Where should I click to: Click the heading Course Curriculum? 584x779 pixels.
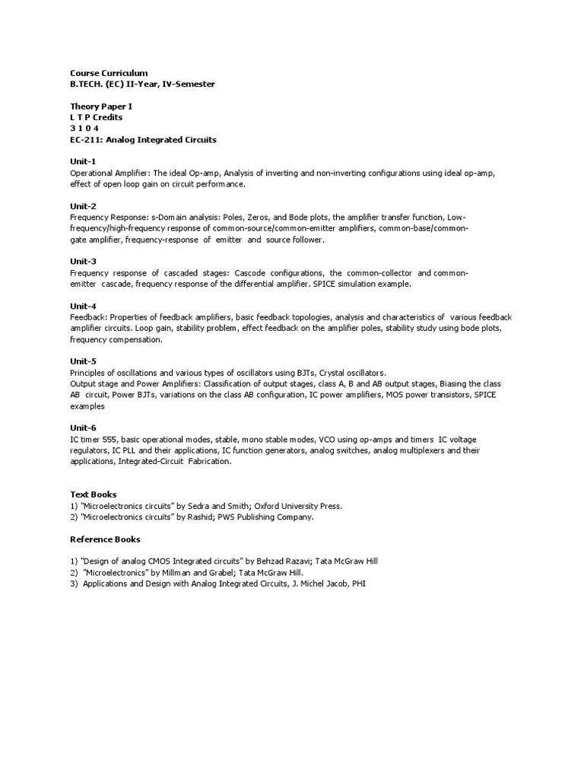pyautogui.click(x=109, y=72)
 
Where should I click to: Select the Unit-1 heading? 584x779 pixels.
pyautogui.click(x=83, y=161)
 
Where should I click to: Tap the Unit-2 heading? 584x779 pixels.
pyautogui.click(x=83, y=206)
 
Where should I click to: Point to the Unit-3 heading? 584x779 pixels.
pyautogui.click(x=83, y=261)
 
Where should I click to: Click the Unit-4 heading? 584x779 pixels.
pyautogui.click(x=83, y=306)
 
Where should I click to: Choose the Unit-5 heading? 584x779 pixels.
pyautogui.click(x=83, y=361)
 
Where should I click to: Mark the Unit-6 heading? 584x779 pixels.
pyautogui.click(x=83, y=428)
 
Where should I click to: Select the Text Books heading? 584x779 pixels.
pyautogui.click(x=94, y=494)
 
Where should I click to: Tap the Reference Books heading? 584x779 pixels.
pyautogui.click(x=105, y=539)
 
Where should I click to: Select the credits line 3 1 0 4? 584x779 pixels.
pyautogui.click(x=84, y=129)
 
